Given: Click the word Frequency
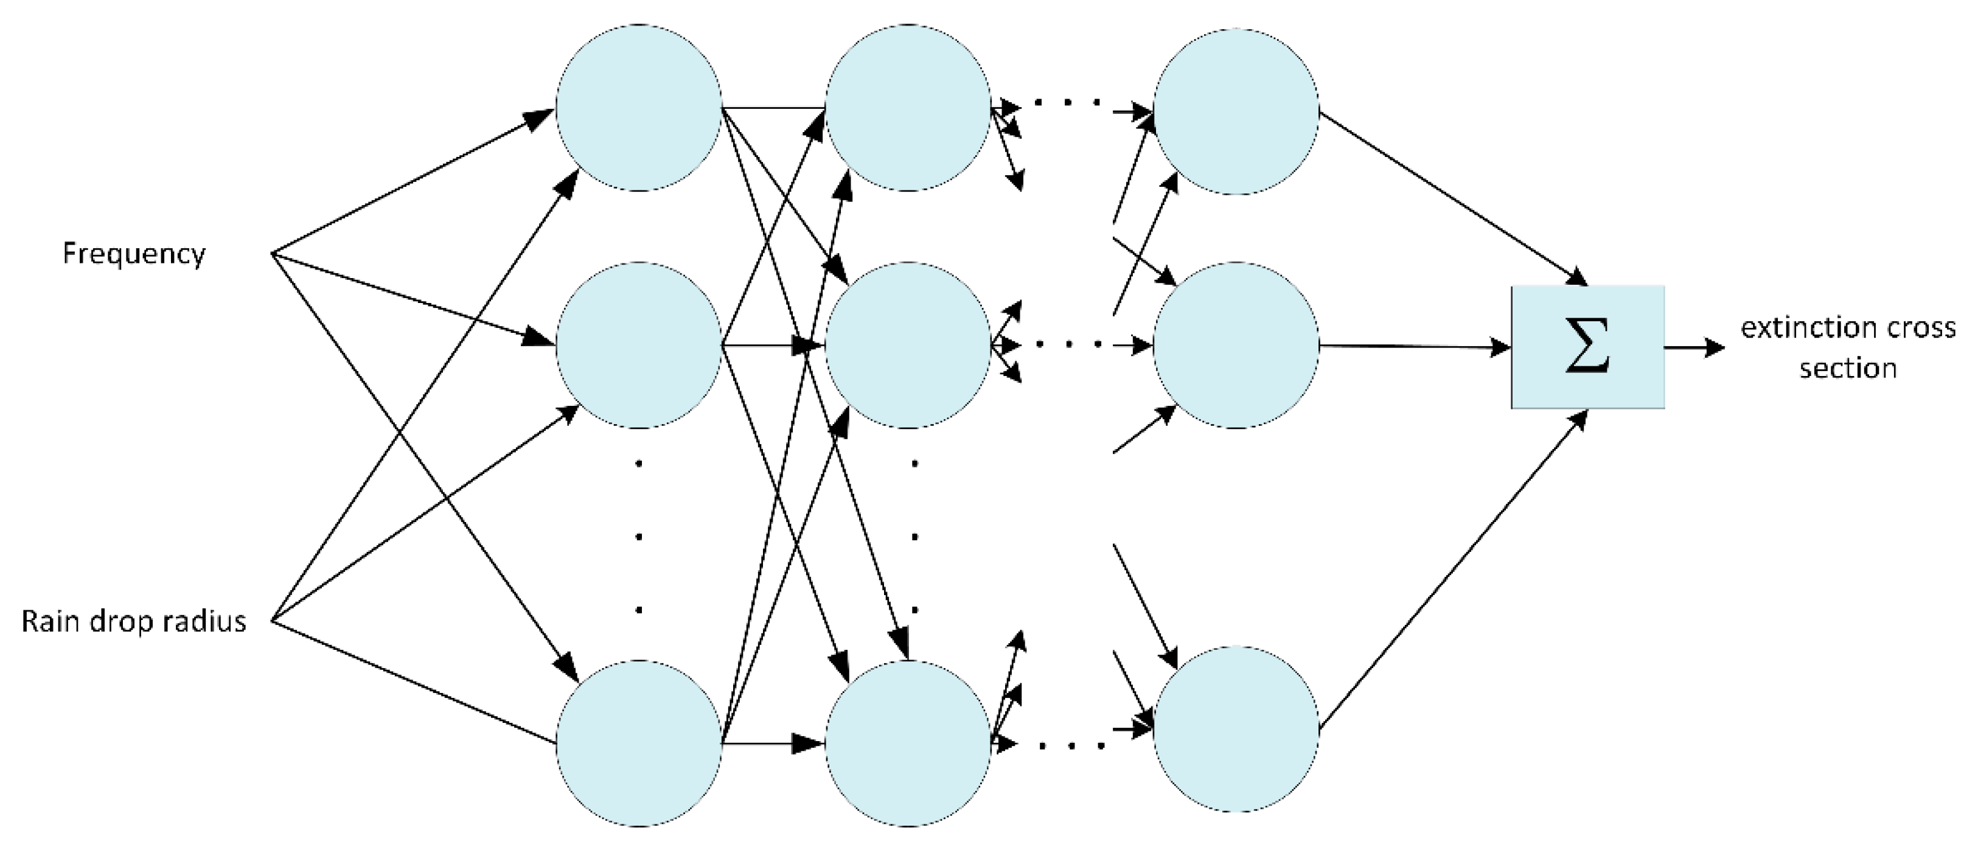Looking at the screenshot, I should pyautogui.click(x=134, y=253).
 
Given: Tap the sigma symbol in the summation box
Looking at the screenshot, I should pyautogui.click(x=1586, y=347).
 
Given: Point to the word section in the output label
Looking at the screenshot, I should pyautogui.click(x=1848, y=369).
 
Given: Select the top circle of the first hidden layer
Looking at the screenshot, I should pyautogui.click(x=639, y=108).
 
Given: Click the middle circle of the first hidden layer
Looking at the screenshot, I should pyautogui.click(x=639, y=346).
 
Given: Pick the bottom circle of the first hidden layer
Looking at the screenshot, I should pyautogui.click(x=639, y=744).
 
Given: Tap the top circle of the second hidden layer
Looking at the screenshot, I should pyautogui.click(x=908, y=108).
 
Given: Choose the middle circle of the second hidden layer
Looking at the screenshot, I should pyautogui.click(x=908, y=346).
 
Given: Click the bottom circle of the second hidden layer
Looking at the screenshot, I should pyautogui.click(x=908, y=744).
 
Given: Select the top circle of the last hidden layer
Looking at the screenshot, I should pyautogui.click(x=1236, y=112).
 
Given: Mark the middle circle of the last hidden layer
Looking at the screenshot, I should pyautogui.click(x=1236, y=346).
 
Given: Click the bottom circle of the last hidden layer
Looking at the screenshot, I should pyautogui.click(x=1236, y=730).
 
